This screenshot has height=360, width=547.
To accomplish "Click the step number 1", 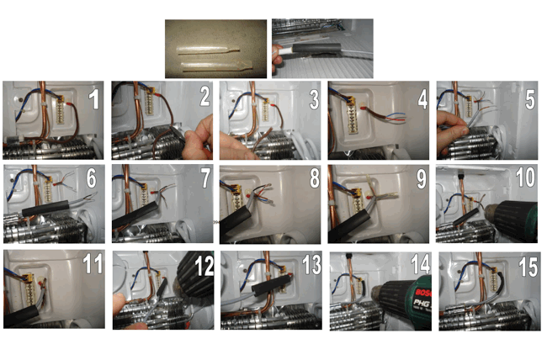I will coord(93,101).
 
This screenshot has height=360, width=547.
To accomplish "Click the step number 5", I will coord(528,100).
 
